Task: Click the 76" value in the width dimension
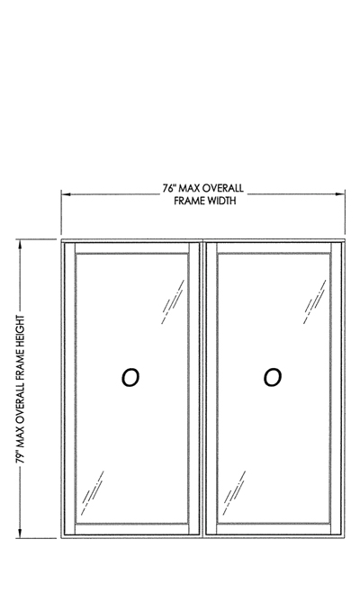pyautogui.click(x=169, y=188)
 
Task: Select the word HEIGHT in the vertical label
pyautogui.click(x=21, y=332)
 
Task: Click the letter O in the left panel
pyautogui.click(x=130, y=378)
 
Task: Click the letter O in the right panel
pyautogui.click(x=273, y=378)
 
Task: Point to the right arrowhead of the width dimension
pyautogui.click(x=340, y=193)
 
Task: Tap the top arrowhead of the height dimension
pyautogui.click(x=21, y=245)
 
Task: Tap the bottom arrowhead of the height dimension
pyautogui.click(x=21, y=533)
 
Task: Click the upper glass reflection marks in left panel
pyautogui.click(x=173, y=301)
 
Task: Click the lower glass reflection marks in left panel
pyautogui.click(x=93, y=493)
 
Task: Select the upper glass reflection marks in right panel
pyautogui.click(x=315, y=301)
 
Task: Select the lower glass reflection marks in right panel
pyautogui.click(x=234, y=493)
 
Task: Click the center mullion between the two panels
pyautogui.click(x=203, y=389)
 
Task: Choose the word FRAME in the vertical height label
pyautogui.click(x=21, y=364)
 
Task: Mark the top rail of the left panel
pyautogui.click(x=132, y=248)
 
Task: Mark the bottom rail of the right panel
pyautogui.click(x=274, y=529)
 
